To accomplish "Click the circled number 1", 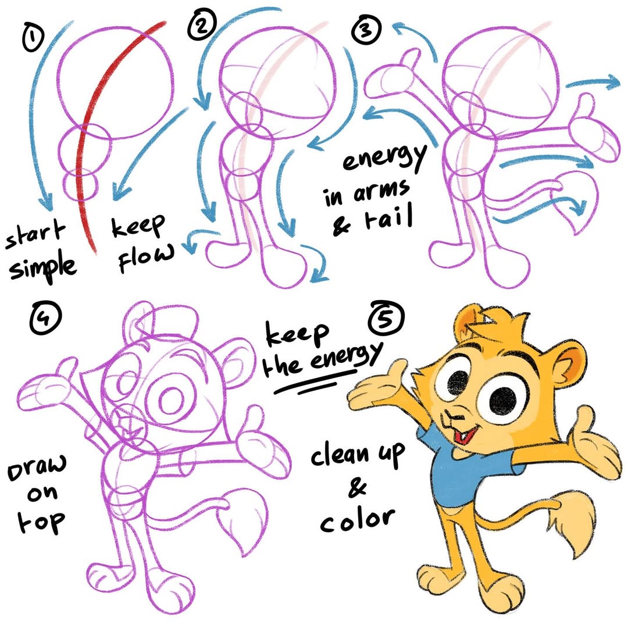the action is [x=34, y=37].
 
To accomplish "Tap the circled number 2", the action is [x=202, y=26].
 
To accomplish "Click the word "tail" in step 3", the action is [x=388, y=217].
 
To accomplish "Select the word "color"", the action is [x=357, y=519].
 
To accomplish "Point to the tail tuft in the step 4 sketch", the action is [x=242, y=520].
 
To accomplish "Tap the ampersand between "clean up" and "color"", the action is [x=357, y=487].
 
